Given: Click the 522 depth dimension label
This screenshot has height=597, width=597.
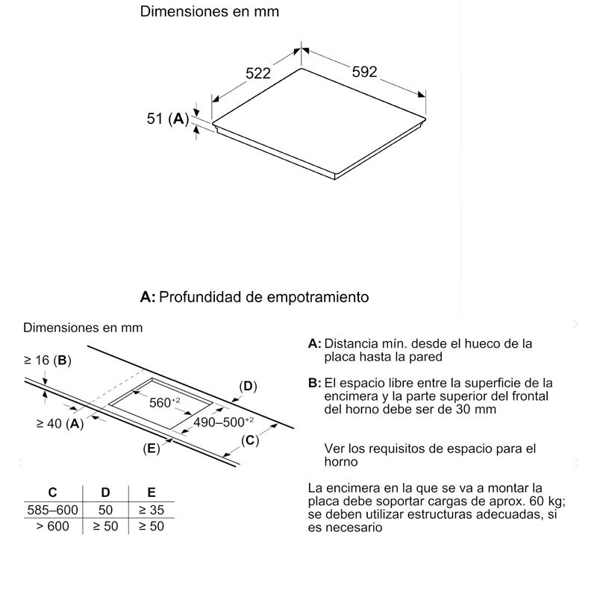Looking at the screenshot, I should click(257, 73).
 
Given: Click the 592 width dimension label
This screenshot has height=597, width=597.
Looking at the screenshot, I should click(365, 72).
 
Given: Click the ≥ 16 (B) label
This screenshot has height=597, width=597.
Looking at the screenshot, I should click(47, 360).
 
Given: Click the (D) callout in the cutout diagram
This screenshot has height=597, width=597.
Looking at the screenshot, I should click(248, 386).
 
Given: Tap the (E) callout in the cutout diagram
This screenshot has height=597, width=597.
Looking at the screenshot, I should click(151, 448).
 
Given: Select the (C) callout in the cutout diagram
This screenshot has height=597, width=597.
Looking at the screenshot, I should click(249, 440).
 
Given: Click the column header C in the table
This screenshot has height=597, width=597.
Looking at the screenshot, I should click(52, 493).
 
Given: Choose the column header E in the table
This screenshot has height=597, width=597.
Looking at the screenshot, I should click(151, 493).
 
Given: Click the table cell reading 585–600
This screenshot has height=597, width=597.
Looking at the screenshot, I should click(52, 510).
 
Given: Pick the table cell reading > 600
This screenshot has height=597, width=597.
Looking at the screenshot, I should click(52, 526).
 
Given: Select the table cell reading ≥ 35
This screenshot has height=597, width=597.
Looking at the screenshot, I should click(151, 510).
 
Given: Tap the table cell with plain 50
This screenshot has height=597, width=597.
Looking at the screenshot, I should click(105, 510).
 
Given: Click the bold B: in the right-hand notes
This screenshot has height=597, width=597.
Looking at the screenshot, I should click(314, 383).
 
